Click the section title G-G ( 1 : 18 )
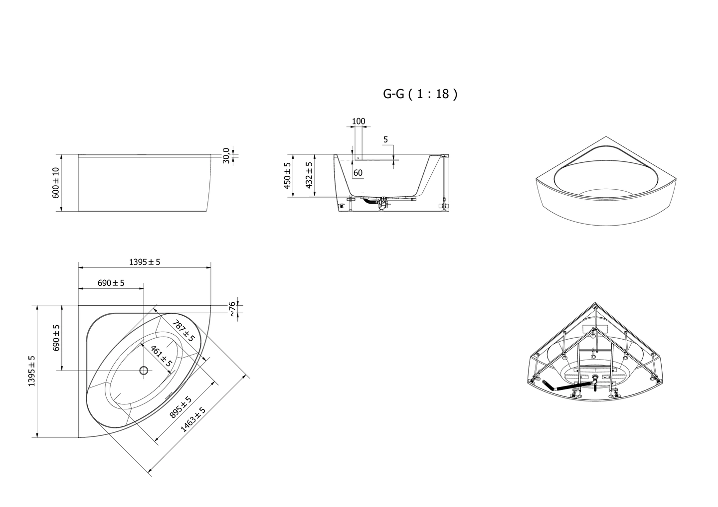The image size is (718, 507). (420, 94)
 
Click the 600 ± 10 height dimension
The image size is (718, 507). (56, 183)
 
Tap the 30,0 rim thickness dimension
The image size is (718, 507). (226, 155)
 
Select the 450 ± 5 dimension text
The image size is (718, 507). (287, 175)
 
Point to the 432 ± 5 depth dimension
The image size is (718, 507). (309, 175)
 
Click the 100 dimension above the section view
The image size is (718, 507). (359, 122)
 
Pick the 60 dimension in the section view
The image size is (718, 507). (358, 173)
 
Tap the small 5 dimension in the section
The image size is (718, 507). (385, 139)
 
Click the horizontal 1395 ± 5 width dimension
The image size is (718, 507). (145, 262)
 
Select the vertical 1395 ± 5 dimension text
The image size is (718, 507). (32, 371)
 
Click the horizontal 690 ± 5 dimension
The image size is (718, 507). (111, 283)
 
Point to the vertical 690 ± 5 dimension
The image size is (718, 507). (56, 338)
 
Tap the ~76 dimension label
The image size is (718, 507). (232, 309)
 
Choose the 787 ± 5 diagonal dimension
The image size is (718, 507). (183, 331)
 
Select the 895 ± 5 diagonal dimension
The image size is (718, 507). (180, 407)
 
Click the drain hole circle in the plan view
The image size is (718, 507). (144, 371)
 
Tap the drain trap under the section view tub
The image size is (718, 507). (382, 204)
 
